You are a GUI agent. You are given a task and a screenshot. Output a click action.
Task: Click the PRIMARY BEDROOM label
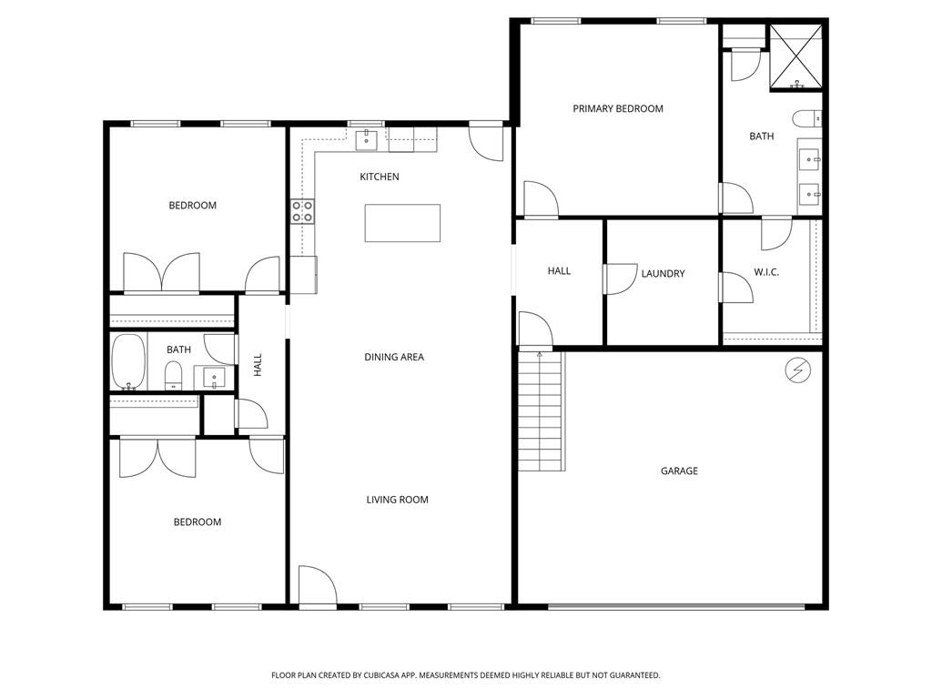617,109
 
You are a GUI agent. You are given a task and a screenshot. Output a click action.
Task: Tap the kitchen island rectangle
402,223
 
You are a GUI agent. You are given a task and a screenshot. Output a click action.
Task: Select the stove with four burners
302,212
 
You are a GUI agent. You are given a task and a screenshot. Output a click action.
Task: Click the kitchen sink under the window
367,139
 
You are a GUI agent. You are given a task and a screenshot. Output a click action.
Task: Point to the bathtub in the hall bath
128,362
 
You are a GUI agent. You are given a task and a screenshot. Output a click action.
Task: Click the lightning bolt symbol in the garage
796,370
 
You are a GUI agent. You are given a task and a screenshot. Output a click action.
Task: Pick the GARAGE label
679,471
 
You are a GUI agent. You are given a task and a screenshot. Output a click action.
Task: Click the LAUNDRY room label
663,274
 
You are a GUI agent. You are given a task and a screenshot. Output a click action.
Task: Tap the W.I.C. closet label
765,273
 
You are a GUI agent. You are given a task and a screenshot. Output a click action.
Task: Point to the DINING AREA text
394,358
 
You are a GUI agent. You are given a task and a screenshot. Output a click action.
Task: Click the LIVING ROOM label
397,500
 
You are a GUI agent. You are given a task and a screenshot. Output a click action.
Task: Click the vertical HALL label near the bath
258,365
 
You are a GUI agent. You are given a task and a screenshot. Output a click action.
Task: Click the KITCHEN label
380,177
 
